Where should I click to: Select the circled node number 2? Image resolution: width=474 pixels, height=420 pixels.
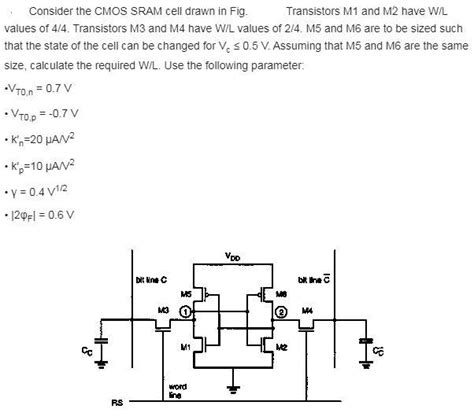pos(281,312)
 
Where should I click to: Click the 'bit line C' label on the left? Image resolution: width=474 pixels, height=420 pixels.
pos(150,277)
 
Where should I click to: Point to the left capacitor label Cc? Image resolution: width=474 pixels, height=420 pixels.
pos(86,349)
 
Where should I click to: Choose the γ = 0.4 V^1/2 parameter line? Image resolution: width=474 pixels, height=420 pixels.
pos(40,190)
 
